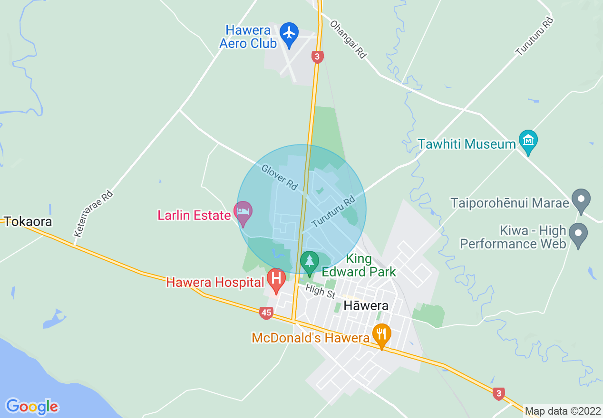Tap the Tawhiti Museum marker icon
[x=528, y=141]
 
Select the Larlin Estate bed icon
[x=243, y=212]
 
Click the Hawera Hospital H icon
[x=276, y=279]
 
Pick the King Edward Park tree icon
[x=310, y=262]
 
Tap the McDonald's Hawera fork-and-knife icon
[x=381, y=334]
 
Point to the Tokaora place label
[x=28, y=221]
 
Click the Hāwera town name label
[x=366, y=305]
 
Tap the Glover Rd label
[x=279, y=177]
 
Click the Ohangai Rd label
[x=348, y=39]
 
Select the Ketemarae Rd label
[x=93, y=214]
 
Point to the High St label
[x=321, y=291]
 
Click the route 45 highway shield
[x=266, y=313]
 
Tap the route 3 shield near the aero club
[x=318, y=57]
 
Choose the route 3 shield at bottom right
[x=498, y=393]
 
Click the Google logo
[x=32, y=407]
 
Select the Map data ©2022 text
[x=563, y=411]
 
